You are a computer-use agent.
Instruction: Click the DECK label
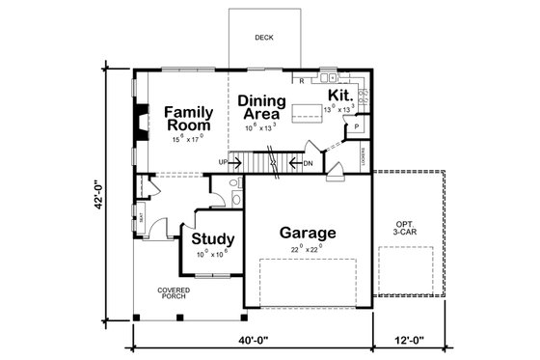(263, 38)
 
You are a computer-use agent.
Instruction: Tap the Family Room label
(189, 119)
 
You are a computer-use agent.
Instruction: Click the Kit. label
(339, 96)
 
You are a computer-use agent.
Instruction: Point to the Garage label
(308, 233)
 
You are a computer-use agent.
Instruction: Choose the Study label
(208, 239)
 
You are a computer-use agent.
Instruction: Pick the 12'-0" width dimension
(409, 340)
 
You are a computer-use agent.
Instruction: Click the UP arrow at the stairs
(229, 162)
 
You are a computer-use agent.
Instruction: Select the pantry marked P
(356, 125)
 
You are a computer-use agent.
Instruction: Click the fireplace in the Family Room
(141, 122)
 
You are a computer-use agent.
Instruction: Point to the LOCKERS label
(362, 158)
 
